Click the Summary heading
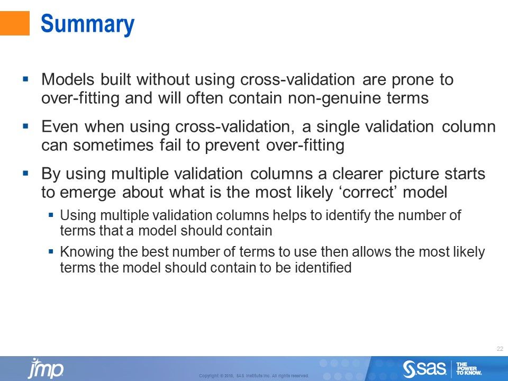(88, 24)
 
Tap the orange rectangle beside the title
(14, 24)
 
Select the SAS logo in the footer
(425, 368)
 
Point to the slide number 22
(500, 349)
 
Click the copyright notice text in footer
(253, 376)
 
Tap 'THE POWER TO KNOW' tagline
(468, 368)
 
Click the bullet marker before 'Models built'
(25, 79)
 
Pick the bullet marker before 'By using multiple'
(25, 173)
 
